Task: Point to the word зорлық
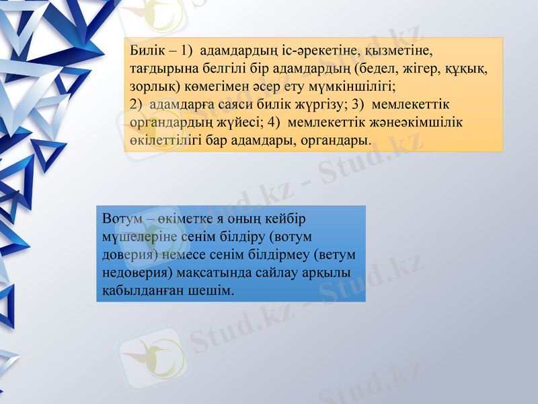[x=150, y=88]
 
